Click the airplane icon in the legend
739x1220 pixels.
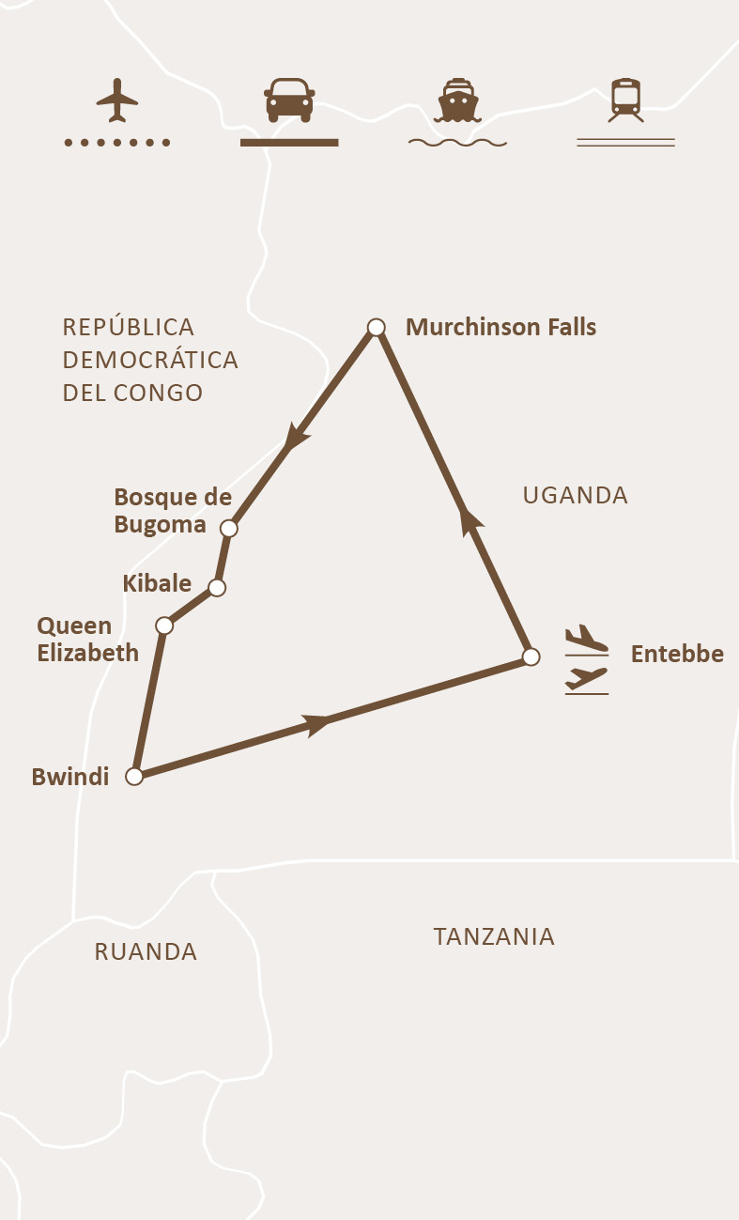tap(117, 100)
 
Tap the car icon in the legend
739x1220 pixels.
tap(289, 100)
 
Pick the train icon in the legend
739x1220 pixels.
tap(625, 100)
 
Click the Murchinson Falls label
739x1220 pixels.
tap(500, 327)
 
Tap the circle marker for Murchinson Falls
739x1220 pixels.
tap(376, 327)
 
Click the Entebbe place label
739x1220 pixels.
tap(677, 654)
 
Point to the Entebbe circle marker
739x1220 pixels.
tap(531, 656)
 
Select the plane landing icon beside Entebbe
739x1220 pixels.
tap(586, 639)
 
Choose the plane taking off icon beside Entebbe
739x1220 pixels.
tap(586, 679)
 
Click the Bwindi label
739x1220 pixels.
tap(70, 777)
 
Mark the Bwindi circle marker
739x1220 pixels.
tap(134, 777)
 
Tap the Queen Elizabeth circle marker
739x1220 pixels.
tap(164, 625)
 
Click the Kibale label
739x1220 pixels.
tap(157, 583)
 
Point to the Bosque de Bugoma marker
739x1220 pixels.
tap(228, 529)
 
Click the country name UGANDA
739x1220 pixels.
tap(575, 496)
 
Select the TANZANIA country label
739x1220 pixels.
tap(494, 936)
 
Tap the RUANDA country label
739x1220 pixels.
tap(146, 951)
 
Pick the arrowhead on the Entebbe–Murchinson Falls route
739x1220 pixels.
tap(467, 519)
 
